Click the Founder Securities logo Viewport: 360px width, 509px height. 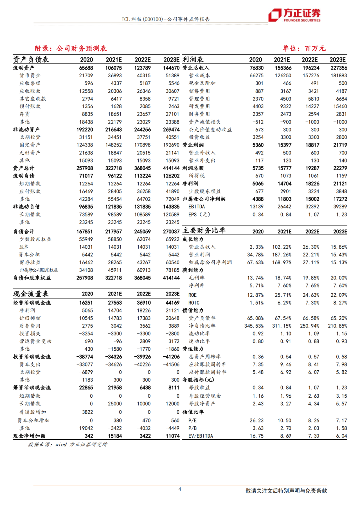[294, 15]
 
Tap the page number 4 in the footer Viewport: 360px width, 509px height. [180, 489]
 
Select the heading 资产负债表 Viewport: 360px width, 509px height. [31, 59]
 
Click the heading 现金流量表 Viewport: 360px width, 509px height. [31, 294]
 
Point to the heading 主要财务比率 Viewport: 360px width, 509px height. [204, 230]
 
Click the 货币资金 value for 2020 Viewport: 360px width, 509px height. [86, 76]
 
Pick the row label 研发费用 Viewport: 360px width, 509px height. [199, 106]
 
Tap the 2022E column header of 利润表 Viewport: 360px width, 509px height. [310, 60]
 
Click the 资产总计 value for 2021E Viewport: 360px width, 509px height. [114, 168]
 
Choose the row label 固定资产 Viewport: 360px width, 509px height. [30, 145]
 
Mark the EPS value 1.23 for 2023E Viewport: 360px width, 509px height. [341, 215]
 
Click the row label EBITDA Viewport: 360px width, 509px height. [197, 207]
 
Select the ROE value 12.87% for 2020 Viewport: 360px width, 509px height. [255, 295]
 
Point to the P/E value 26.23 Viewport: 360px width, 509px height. [256, 421]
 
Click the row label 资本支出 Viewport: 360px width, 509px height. [30, 364]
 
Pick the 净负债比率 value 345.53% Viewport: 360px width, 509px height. [254, 326]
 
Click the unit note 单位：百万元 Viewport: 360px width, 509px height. [304, 48]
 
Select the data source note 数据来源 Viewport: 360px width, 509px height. [68, 444]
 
